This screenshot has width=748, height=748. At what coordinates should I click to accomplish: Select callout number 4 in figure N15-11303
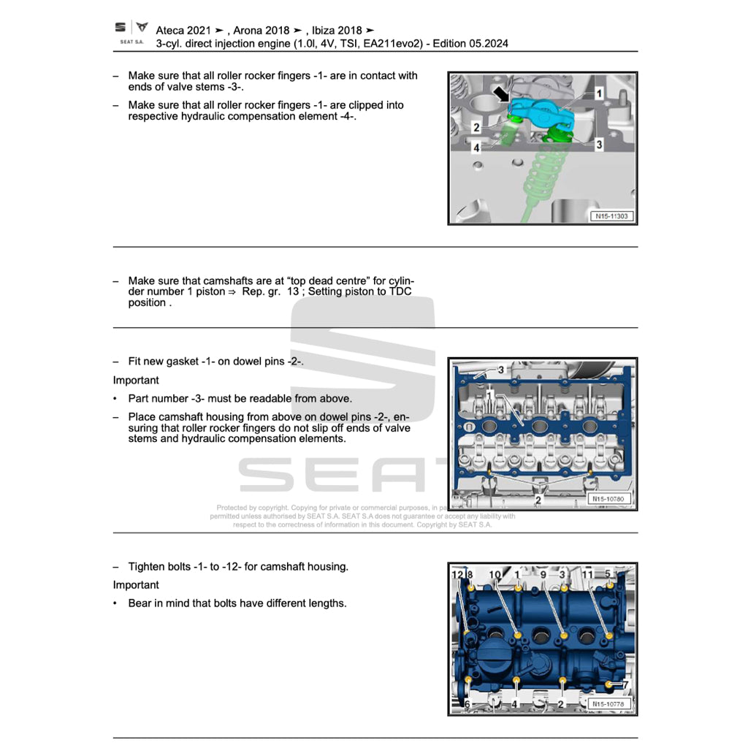[x=476, y=147]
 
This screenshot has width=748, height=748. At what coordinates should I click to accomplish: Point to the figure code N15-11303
[x=611, y=216]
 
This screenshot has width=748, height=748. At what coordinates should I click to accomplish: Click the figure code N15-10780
[x=608, y=500]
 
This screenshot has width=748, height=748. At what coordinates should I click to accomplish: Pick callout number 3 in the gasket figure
[x=501, y=370]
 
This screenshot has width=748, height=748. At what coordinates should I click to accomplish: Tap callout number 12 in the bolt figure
[x=457, y=575]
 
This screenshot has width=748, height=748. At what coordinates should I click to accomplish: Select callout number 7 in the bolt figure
[x=625, y=685]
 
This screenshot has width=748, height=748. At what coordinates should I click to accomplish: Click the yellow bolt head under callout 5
[x=610, y=585]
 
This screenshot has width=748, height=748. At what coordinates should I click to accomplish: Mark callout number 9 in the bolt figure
[x=543, y=575]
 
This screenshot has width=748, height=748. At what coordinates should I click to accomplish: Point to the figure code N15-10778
[x=608, y=704]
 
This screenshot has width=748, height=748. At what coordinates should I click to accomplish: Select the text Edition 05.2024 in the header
[x=470, y=43]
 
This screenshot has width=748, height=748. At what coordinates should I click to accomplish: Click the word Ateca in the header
[x=169, y=30]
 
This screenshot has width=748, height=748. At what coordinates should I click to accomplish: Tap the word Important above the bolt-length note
[x=136, y=585]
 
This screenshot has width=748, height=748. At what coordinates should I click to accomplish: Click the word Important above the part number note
[x=136, y=381]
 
